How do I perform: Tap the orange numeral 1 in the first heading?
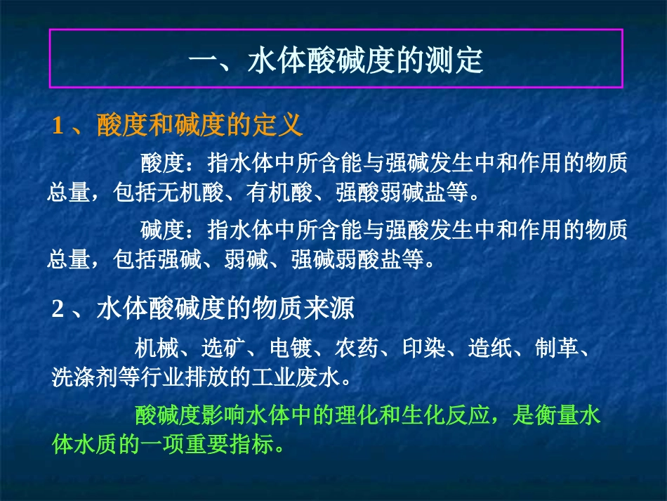point(58,126)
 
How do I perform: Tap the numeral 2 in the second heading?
point(58,309)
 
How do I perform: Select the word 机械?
point(157,348)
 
